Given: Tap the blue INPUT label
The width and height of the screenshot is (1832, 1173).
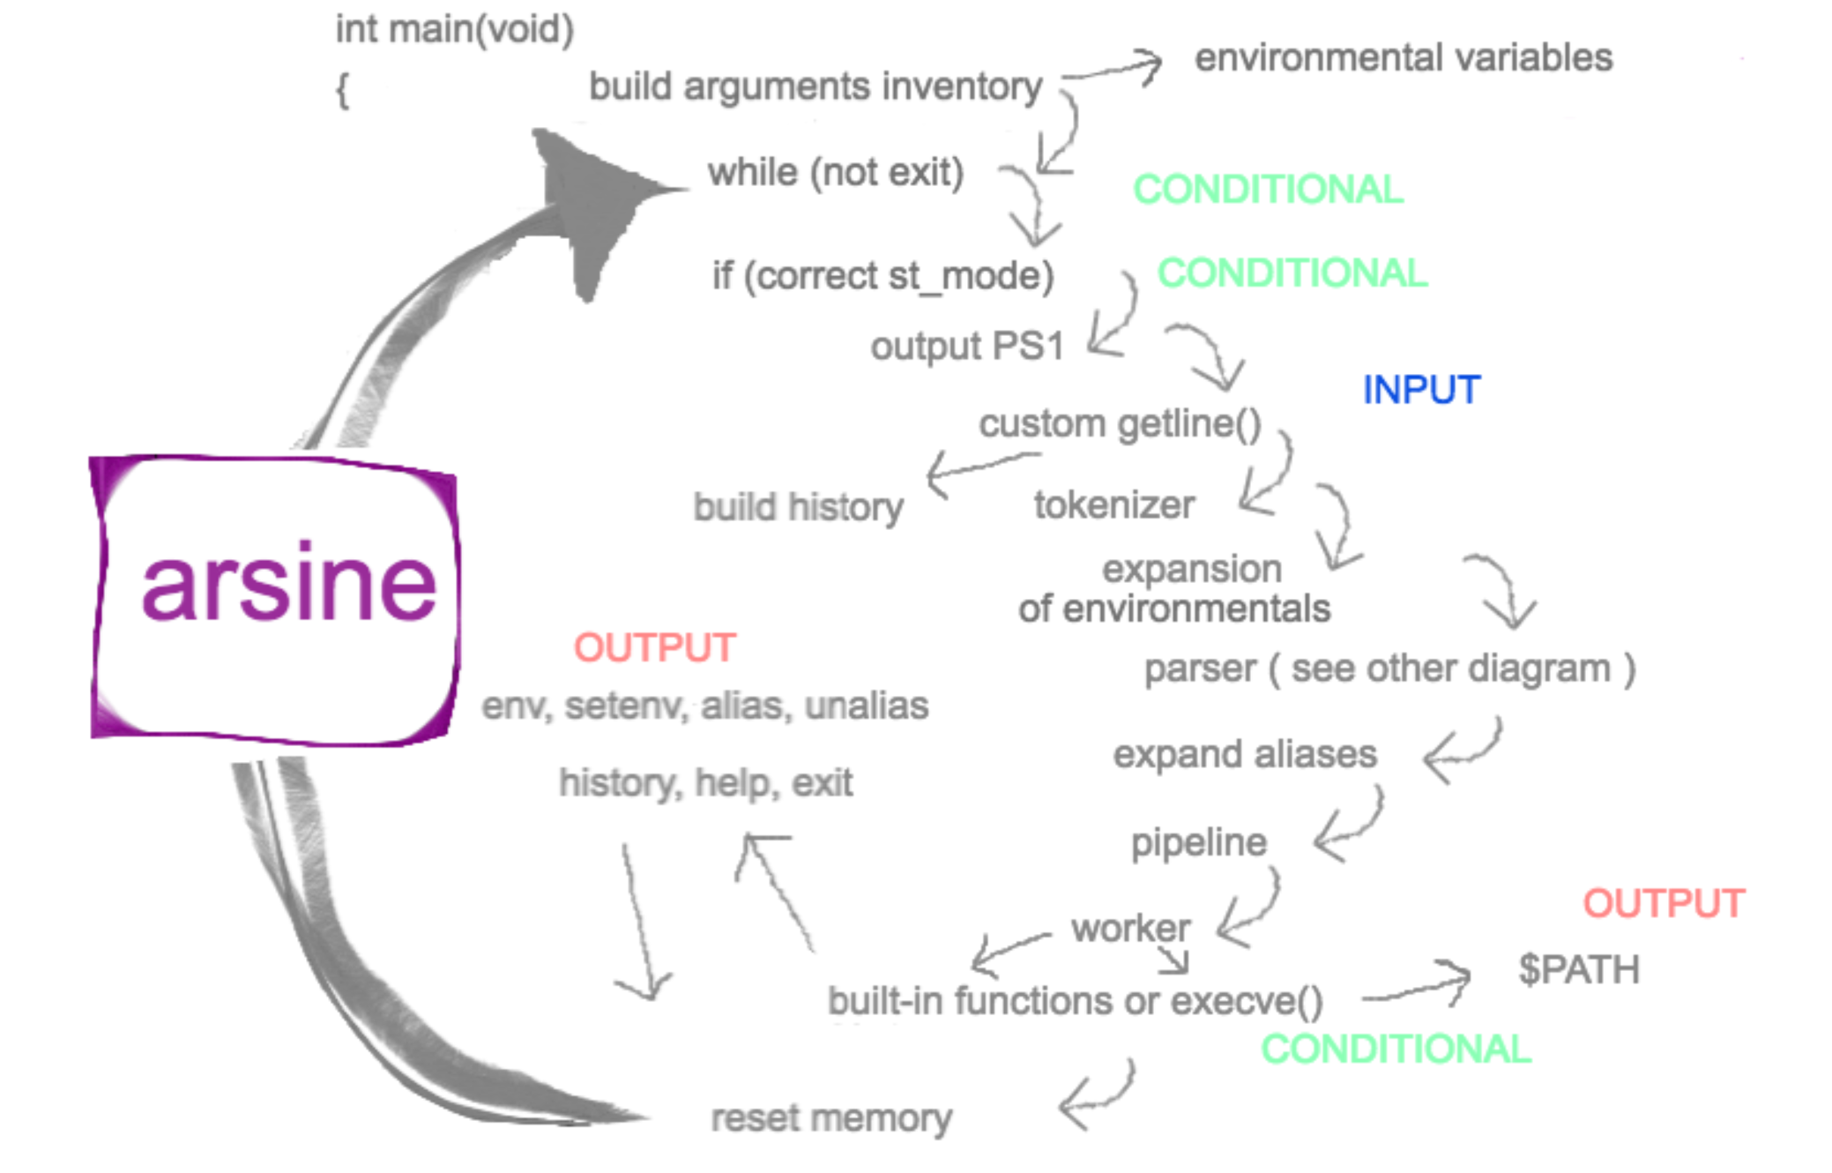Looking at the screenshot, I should pyautogui.click(x=1421, y=390).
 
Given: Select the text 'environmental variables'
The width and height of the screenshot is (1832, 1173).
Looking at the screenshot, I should pyautogui.click(x=1403, y=58).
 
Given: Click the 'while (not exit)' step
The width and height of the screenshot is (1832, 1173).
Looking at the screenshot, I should pyautogui.click(x=835, y=172).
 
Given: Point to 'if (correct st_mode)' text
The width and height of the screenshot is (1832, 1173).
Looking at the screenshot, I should pyautogui.click(x=882, y=276).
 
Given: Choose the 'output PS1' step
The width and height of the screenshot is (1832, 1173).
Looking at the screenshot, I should pyautogui.click(x=967, y=346).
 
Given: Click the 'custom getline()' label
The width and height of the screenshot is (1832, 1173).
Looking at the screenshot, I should pyautogui.click(x=1120, y=424).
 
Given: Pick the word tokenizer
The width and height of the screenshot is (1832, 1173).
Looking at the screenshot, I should pyautogui.click(x=1114, y=505).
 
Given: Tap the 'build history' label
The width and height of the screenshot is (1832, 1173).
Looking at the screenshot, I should pyautogui.click(x=798, y=507).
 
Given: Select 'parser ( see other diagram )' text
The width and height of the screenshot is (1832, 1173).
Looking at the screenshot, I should pyautogui.click(x=1389, y=669).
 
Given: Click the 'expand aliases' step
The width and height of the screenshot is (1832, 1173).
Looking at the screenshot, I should pyautogui.click(x=1244, y=755).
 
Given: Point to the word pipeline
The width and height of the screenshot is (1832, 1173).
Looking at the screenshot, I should pyautogui.click(x=1199, y=842).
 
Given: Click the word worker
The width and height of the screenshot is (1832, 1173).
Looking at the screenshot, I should pyautogui.click(x=1130, y=928).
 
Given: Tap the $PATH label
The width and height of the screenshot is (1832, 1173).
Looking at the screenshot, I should pyautogui.click(x=1578, y=969).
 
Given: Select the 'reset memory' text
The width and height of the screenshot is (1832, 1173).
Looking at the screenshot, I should pyautogui.click(x=830, y=1118).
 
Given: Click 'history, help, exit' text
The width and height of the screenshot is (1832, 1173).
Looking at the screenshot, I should pyautogui.click(x=705, y=782).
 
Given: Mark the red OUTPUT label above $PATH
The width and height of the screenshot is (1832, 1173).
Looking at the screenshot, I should pyautogui.click(x=1664, y=903).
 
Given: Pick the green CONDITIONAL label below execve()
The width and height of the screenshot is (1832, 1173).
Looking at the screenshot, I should pyautogui.click(x=1396, y=1049).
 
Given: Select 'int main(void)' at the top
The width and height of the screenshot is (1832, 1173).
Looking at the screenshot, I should pyautogui.click(x=454, y=29).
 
